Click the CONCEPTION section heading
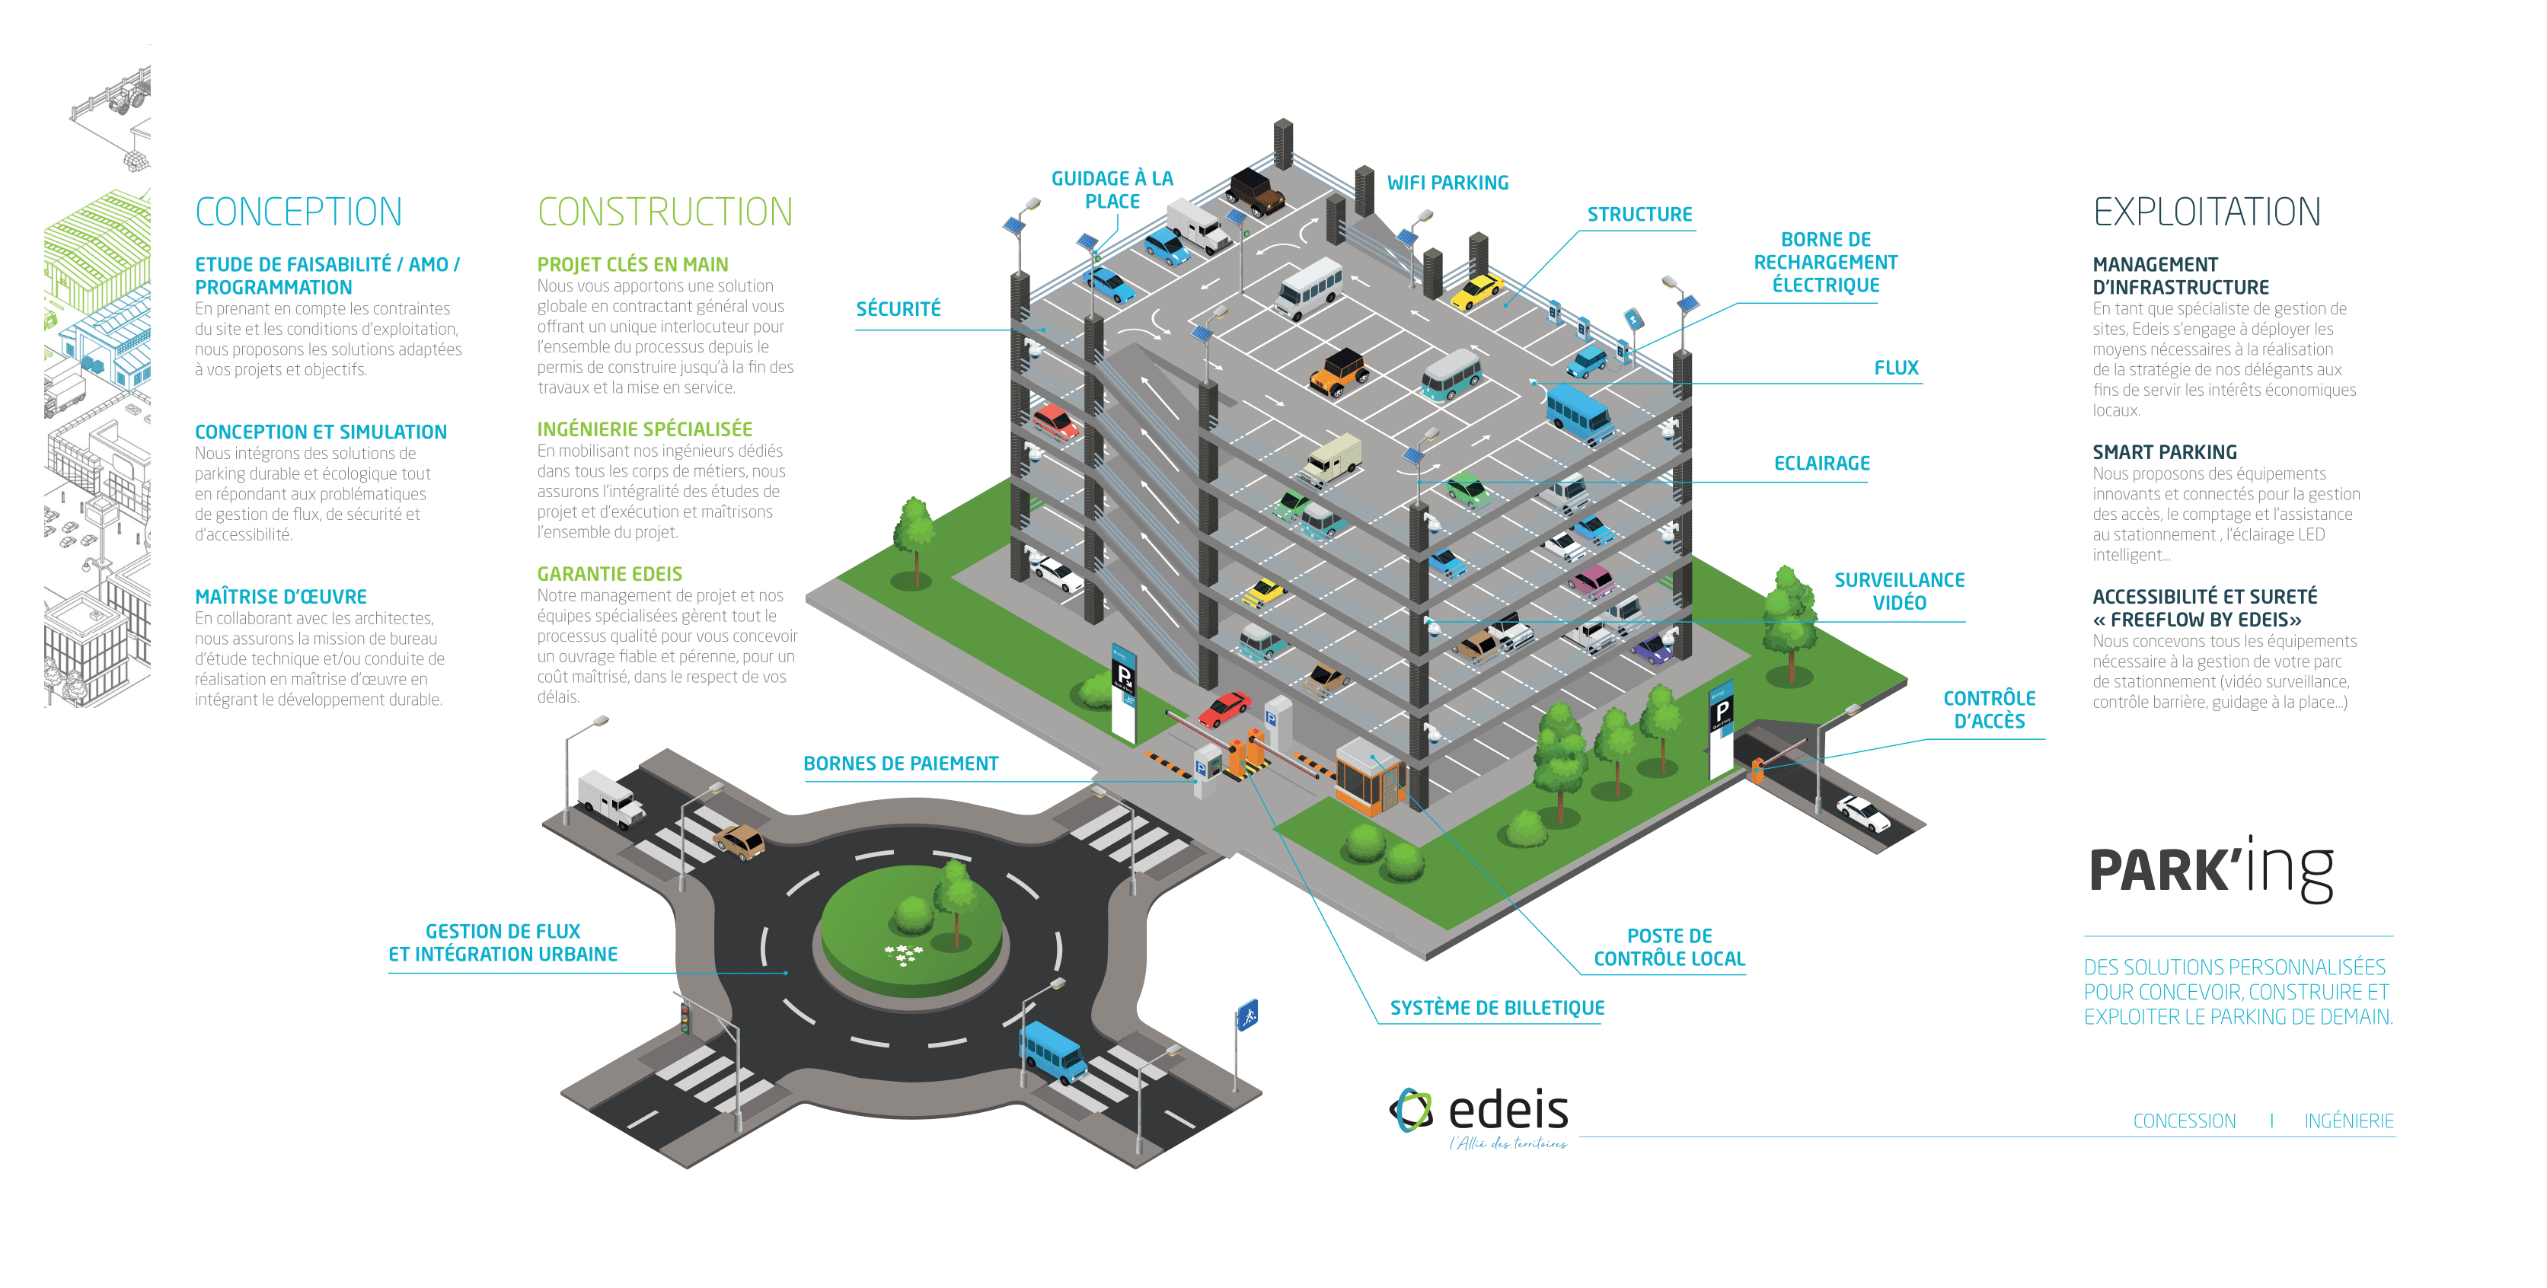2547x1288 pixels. [x=298, y=212]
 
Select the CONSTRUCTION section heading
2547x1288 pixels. [x=665, y=212]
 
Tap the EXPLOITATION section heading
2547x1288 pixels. [x=2206, y=212]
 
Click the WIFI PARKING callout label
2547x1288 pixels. [x=1447, y=183]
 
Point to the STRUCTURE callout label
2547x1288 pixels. [x=1639, y=215]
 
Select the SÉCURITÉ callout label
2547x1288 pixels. [x=898, y=309]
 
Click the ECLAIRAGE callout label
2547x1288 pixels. [x=1821, y=464]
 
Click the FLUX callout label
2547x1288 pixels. [x=1895, y=368]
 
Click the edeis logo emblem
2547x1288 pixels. [x=1411, y=1110]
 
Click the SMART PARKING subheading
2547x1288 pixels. [x=2164, y=451]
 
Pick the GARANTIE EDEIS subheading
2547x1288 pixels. [x=609, y=574]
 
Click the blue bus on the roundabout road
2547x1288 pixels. [x=1052, y=1050]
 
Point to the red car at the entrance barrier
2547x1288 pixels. [x=1224, y=708]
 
